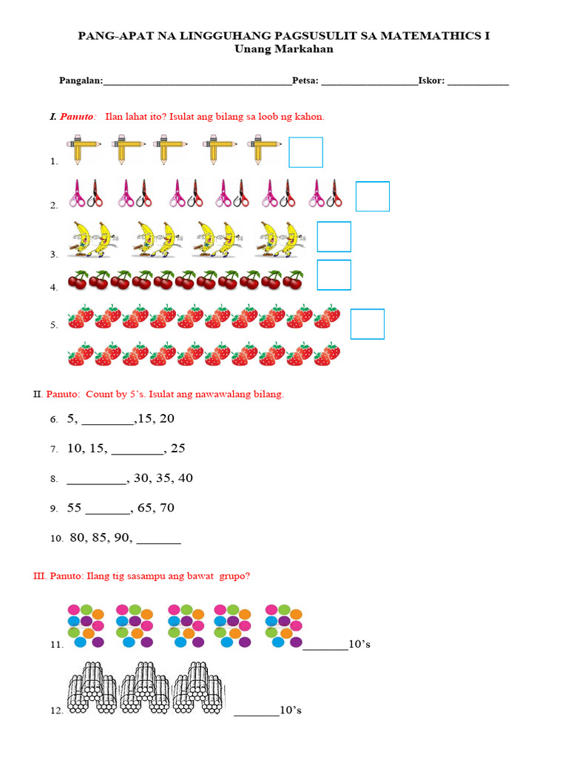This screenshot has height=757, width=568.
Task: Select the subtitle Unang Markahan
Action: tap(284, 49)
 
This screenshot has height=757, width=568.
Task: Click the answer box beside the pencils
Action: tap(305, 152)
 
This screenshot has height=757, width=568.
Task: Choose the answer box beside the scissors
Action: tap(373, 197)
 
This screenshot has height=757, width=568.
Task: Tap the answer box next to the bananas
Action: tap(334, 237)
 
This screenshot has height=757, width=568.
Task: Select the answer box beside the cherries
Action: tap(334, 275)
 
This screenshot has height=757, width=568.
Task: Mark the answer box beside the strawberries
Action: tap(368, 324)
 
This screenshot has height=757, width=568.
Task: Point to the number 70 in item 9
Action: tap(166, 508)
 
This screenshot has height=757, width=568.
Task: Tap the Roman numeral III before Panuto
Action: tap(40, 576)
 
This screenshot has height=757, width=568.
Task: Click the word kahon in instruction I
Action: tap(311, 117)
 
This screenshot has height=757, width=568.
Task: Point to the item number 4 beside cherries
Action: tap(54, 288)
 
